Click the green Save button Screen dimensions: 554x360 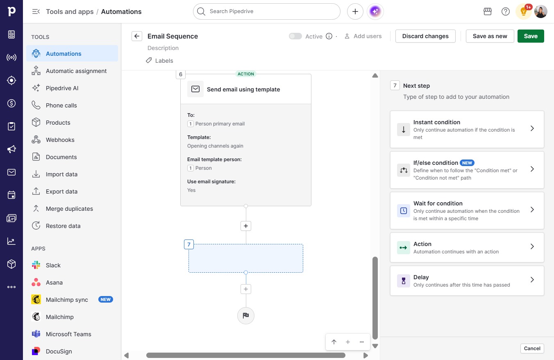[x=531, y=36]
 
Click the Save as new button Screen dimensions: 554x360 [x=490, y=36]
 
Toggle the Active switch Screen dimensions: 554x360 [x=295, y=36]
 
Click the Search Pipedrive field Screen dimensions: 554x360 [x=267, y=11]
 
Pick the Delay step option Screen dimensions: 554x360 [x=467, y=280]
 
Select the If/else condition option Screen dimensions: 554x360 [x=467, y=170]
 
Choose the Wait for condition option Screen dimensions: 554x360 [x=467, y=211]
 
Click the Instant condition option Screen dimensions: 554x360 [x=467, y=130]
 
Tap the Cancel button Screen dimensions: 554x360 [x=532, y=349]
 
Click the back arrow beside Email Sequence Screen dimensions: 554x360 [x=137, y=36]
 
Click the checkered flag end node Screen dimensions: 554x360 [x=245, y=315]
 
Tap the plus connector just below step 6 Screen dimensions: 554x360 [x=245, y=226]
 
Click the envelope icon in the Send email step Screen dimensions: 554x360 [x=195, y=89]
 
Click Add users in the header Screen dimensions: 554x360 [x=363, y=36]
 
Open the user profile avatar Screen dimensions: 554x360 [x=540, y=11]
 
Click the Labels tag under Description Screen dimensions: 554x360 [x=159, y=61]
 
